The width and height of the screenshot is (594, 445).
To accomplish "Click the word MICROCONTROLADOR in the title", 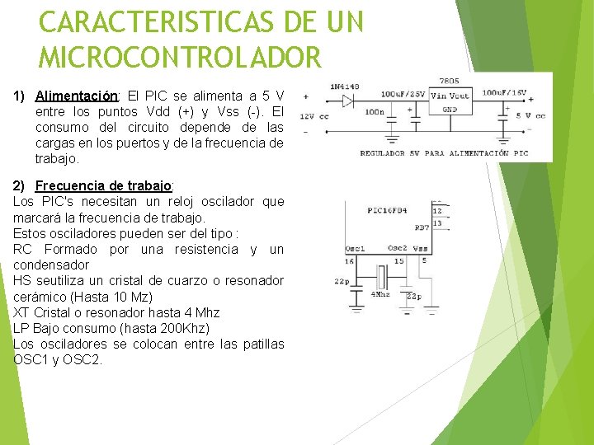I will pos(179,58).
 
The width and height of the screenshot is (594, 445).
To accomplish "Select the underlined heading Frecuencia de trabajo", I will pos(105,185).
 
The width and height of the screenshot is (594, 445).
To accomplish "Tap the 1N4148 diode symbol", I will pos(348,101).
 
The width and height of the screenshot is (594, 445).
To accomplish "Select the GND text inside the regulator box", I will pos(450,109).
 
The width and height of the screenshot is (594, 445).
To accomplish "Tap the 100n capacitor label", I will pos(374,111).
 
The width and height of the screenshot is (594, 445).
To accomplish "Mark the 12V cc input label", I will pos(313,116).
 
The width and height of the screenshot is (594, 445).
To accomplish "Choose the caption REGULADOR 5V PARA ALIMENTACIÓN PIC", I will pos(444,152).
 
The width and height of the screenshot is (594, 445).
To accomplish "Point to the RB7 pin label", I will pos(422,227).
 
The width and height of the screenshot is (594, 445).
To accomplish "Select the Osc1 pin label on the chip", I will pos(356,248).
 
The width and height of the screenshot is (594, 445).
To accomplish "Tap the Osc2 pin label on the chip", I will pos(398,248).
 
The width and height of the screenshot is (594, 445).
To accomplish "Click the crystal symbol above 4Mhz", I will pos(382,278).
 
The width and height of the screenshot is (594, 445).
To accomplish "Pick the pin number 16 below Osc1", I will pos(350,260).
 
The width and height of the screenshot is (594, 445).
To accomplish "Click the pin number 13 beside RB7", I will pos(437,223).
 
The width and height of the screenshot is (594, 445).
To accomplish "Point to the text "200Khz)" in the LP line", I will pos(186,328).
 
